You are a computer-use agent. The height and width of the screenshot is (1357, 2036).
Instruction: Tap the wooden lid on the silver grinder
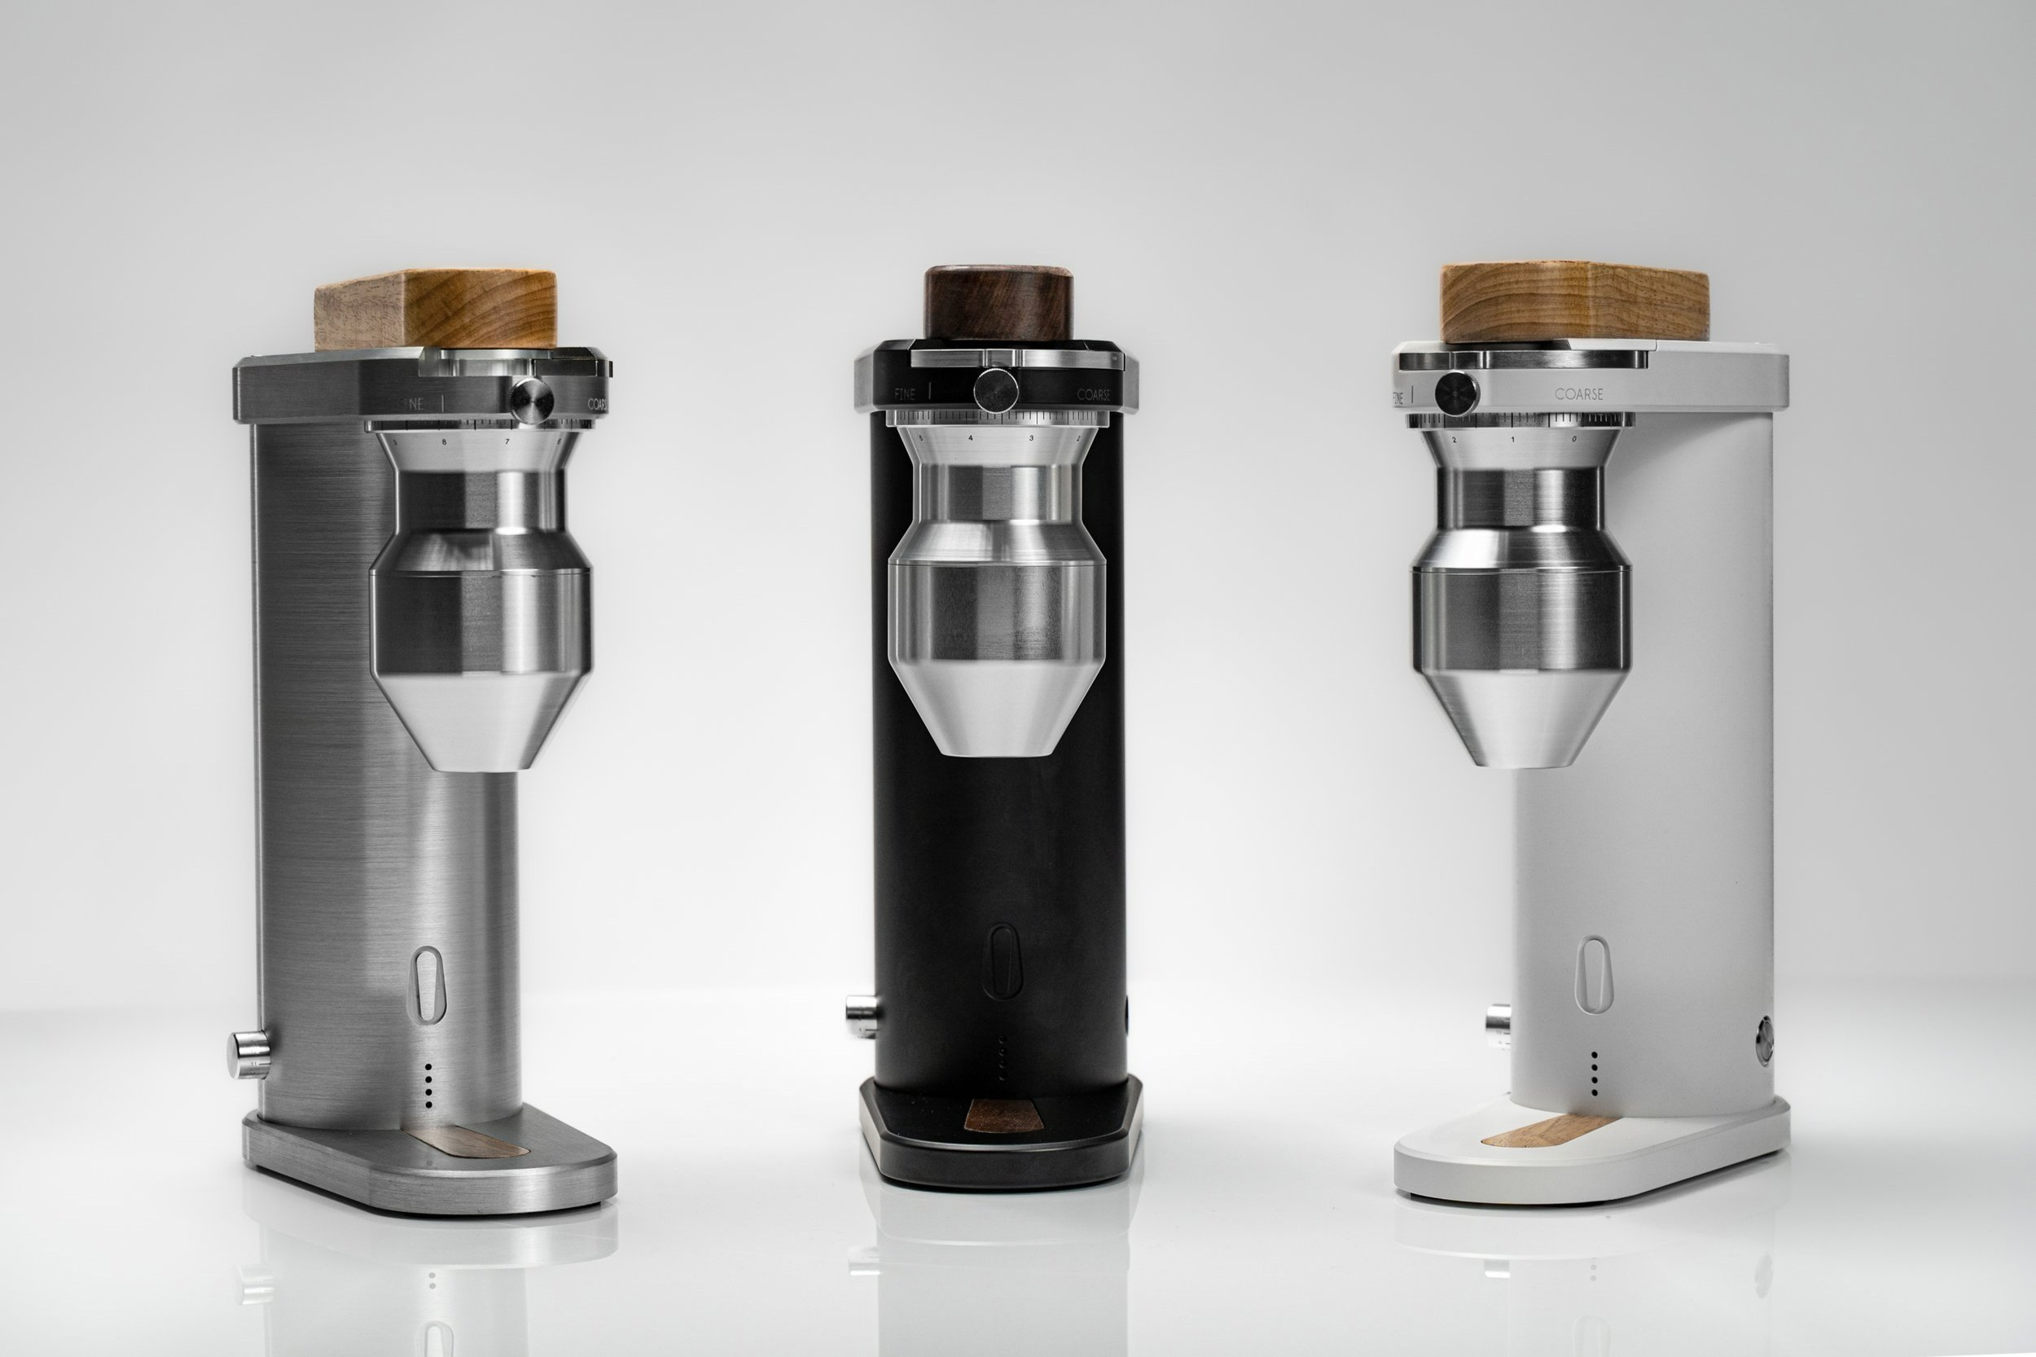coord(435,310)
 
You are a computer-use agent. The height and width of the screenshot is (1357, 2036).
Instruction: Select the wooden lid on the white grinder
coord(1573,303)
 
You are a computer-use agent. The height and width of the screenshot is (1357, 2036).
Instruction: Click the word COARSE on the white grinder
coord(1578,393)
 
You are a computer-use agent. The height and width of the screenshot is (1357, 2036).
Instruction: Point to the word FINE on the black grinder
coord(904,394)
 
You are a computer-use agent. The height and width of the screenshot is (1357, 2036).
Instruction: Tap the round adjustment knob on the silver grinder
coord(531,398)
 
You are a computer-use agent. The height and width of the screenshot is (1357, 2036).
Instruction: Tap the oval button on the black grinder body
coord(1003,961)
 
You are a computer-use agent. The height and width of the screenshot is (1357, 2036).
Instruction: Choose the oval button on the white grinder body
coord(1593,974)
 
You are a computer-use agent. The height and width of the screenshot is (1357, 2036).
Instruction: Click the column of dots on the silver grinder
coord(428,1085)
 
